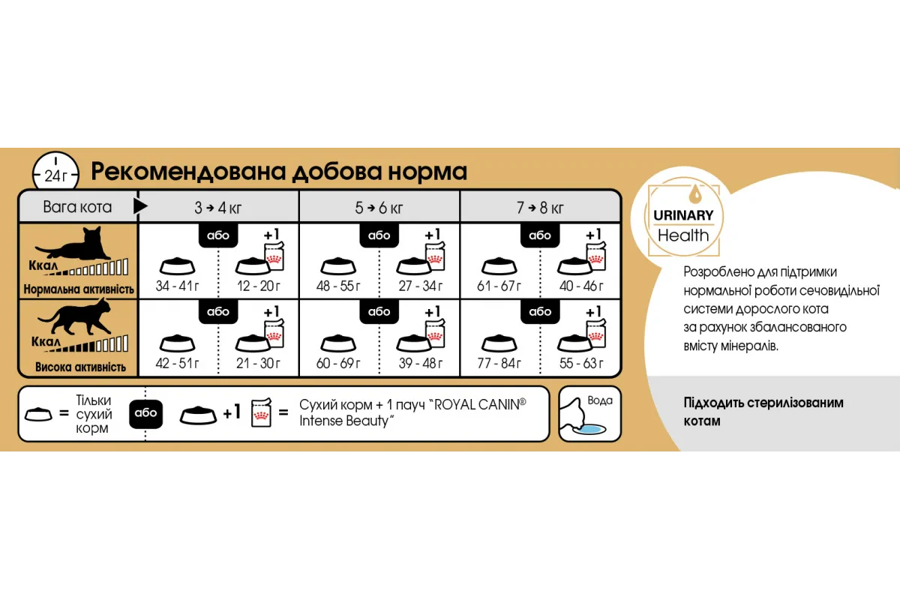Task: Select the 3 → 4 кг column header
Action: coord(219,207)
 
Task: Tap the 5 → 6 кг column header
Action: coord(379,207)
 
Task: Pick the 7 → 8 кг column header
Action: coord(540,207)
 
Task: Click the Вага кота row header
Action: coord(77,207)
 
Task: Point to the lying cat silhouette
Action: coord(75,244)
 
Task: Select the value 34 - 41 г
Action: coord(178,286)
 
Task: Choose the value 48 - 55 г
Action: coord(338,286)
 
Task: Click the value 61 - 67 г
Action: coord(499,286)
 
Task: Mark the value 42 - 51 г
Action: coord(178,364)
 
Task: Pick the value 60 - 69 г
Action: coord(338,364)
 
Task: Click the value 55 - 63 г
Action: coord(581,364)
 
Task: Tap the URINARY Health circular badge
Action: coord(682,217)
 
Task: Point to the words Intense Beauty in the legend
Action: coord(346,421)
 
